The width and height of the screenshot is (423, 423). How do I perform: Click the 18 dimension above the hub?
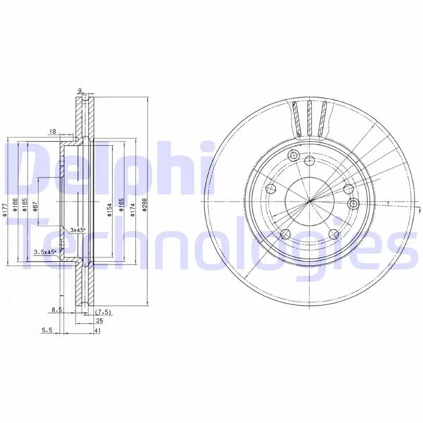53,131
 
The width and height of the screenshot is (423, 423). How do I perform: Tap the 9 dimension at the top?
81,90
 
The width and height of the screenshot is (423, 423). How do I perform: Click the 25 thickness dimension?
99,321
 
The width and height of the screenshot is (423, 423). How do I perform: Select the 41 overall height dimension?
99,332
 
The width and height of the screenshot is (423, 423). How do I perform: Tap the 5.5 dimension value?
47,330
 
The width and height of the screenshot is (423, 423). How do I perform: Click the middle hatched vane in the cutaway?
309,118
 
